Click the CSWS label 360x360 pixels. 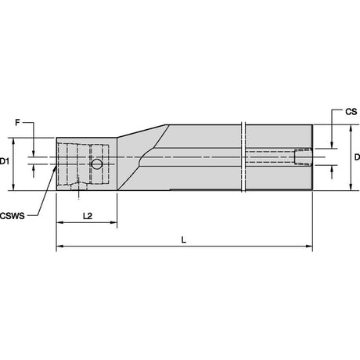[x=13, y=216]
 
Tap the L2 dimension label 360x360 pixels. [x=88, y=216]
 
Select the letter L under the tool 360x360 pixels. [x=184, y=239]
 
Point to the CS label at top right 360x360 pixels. [x=351, y=112]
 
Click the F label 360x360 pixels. [x=17, y=122]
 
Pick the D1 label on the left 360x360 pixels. [x=5, y=161]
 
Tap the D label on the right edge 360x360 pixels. [x=357, y=157]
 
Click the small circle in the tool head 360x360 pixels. [x=97, y=164]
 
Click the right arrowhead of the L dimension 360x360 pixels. [x=309, y=246]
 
